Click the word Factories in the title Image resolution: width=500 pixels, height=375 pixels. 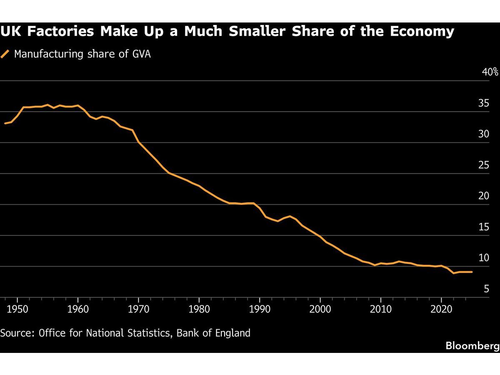click(60, 31)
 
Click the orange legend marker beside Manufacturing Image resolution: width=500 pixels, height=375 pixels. click(5, 54)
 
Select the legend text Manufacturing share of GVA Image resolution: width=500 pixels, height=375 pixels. click(82, 54)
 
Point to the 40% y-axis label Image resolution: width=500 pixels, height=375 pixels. click(490, 72)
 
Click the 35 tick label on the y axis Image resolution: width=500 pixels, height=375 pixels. click(484, 103)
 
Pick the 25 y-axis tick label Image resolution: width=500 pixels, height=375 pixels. click(484, 165)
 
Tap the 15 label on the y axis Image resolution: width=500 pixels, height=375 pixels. click(484, 227)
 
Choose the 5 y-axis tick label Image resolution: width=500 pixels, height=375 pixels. click(486, 289)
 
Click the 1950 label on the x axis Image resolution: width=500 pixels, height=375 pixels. click(17, 309)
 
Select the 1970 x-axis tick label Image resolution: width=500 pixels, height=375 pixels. click(138, 309)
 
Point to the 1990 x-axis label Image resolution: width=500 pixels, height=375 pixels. click(260, 309)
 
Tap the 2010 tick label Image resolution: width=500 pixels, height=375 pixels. click(381, 309)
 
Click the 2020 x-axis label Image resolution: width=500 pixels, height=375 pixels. click(441, 309)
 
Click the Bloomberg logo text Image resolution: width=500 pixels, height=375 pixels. click(472, 346)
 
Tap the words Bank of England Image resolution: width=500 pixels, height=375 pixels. click(213, 333)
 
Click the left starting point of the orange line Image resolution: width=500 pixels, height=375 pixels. click(5, 123)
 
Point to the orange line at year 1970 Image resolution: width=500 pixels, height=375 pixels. click(138, 142)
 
